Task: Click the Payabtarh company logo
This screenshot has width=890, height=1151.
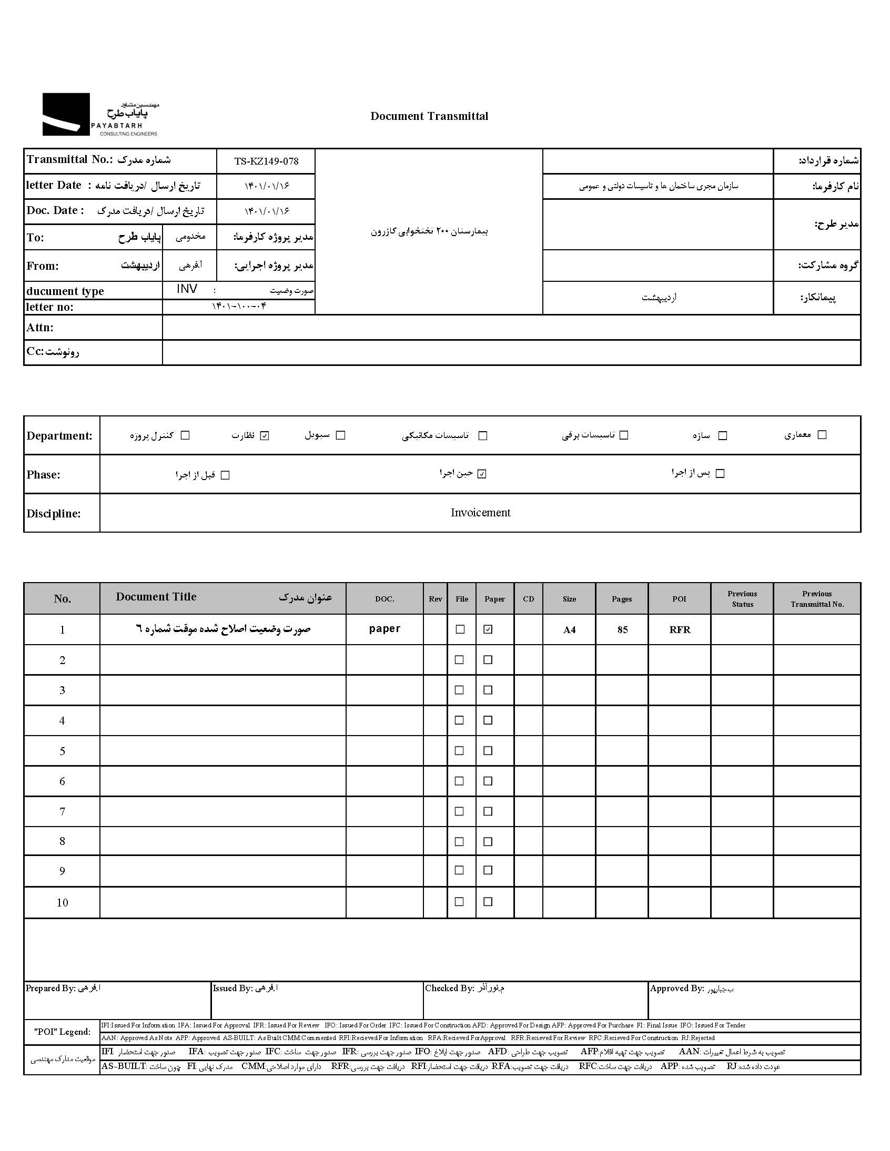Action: click(x=100, y=115)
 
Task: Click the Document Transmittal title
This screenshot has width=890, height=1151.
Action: click(x=429, y=117)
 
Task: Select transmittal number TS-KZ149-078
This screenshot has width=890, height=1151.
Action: click(x=266, y=161)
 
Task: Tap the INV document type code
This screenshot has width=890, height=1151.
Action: click(x=187, y=289)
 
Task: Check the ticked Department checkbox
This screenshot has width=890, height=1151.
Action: click(x=265, y=435)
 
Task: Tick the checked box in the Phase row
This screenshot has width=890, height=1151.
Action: click(x=481, y=474)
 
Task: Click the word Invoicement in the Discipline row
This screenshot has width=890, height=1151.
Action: click(x=480, y=513)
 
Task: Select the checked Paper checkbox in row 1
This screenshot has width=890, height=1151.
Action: click(x=488, y=629)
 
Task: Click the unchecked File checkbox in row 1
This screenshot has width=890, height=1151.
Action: click(x=460, y=629)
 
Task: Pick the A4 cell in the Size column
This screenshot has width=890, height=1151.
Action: click(x=570, y=630)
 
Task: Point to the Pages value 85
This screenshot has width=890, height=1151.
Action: click(x=622, y=630)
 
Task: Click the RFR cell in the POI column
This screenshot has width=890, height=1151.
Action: click(x=680, y=630)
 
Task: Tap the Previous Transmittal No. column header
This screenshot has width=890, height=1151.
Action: click(x=817, y=599)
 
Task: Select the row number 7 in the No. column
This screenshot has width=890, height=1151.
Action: click(x=62, y=812)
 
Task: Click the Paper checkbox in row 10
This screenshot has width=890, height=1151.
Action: click(x=488, y=902)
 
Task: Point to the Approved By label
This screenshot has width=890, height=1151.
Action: click(x=677, y=988)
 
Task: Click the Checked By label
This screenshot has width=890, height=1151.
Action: click(x=449, y=988)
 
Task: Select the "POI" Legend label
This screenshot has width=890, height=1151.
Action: click(x=62, y=1031)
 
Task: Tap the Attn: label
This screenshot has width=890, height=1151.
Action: click(x=40, y=328)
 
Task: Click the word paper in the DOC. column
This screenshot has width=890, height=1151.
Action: click(x=385, y=629)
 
